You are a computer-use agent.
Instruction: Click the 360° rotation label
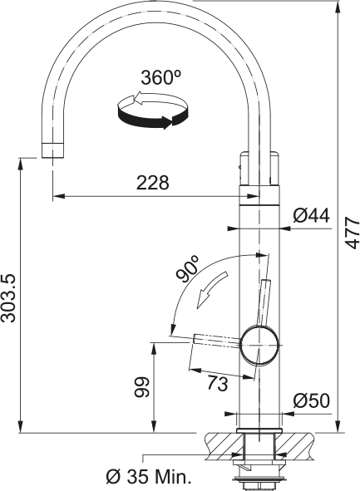(161, 77)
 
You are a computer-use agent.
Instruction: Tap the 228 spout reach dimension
(153, 183)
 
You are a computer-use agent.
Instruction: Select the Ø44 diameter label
(312, 215)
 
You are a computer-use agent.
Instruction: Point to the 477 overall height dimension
(353, 233)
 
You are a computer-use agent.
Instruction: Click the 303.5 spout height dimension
(8, 298)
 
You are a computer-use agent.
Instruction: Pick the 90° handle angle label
(187, 268)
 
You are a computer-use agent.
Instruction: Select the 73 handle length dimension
(218, 383)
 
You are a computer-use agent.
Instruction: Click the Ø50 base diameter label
(312, 400)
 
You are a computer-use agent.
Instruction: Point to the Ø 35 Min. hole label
(149, 477)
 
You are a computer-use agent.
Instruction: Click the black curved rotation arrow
(154, 118)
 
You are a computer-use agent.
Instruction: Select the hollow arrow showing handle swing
(211, 290)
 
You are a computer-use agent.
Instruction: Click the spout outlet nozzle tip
(53, 150)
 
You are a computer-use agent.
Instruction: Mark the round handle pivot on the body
(259, 345)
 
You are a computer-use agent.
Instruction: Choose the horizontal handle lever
(218, 341)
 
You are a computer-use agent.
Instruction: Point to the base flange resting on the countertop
(259, 430)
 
